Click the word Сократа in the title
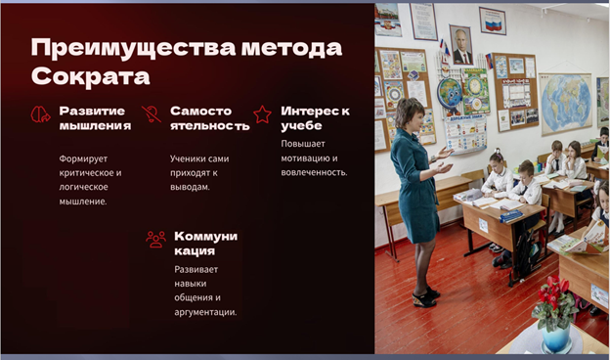(x=91, y=76)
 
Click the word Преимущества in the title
(x=133, y=48)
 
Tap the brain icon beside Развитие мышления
(x=40, y=114)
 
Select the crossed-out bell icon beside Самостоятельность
(x=151, y=114)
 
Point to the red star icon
(x=262, y=114)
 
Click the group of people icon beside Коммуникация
(x=155, y=240)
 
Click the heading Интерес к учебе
(x=315, y=118)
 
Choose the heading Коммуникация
(x=206, y=244)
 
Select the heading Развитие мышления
(x=96, y=118)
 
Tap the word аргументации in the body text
(x=205, y=312)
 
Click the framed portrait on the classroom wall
(x=461, y=45)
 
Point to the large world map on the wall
(x=566, y=103)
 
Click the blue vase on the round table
(x=556, y=337)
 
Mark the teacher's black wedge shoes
(x=426, y=297)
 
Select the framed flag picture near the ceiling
(x=493, y=21)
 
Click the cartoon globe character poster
(x=450, y=94)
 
